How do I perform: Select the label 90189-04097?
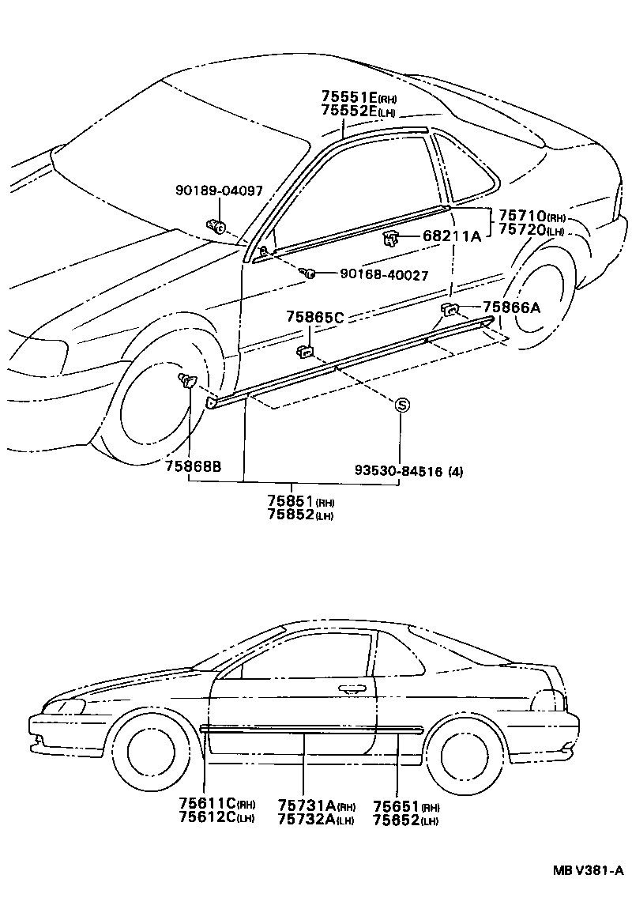pos(219,190)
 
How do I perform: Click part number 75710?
pos(522,217)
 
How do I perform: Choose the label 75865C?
pos(314,317)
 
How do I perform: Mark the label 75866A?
pos(511,307)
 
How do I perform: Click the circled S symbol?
pos(401,405)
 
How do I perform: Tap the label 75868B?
pos(193,466)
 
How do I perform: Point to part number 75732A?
pos(307,820)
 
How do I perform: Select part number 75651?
pos(397,805)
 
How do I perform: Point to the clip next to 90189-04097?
pos(216,228)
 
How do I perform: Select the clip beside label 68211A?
pos(389,237)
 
